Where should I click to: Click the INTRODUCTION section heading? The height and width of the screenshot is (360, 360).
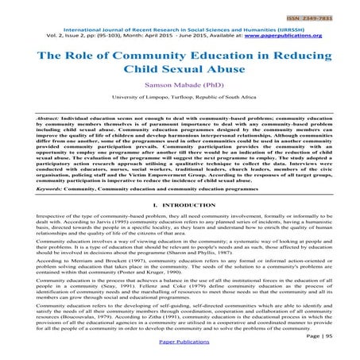(184, 205)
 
